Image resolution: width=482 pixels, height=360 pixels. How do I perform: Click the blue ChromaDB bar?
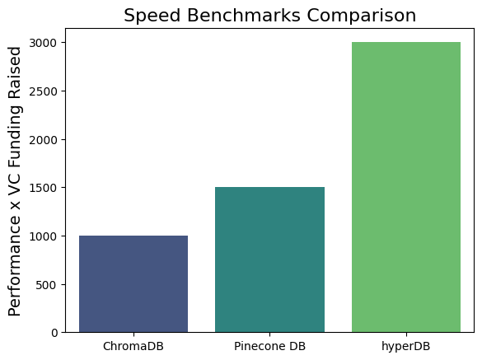click(x=133, y=283)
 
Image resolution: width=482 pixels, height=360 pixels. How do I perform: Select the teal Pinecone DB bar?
click(x=269, y=259)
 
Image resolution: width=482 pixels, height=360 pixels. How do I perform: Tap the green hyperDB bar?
click(x=405, y=187)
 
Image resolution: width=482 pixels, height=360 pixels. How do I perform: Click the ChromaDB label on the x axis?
click(x=133, y=346)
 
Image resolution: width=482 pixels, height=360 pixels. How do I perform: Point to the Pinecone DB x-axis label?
click(x=269, y=346)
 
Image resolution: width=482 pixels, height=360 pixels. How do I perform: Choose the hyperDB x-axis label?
click(x=406, y=346)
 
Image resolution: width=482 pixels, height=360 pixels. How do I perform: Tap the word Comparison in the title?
click(x=369, y=16)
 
